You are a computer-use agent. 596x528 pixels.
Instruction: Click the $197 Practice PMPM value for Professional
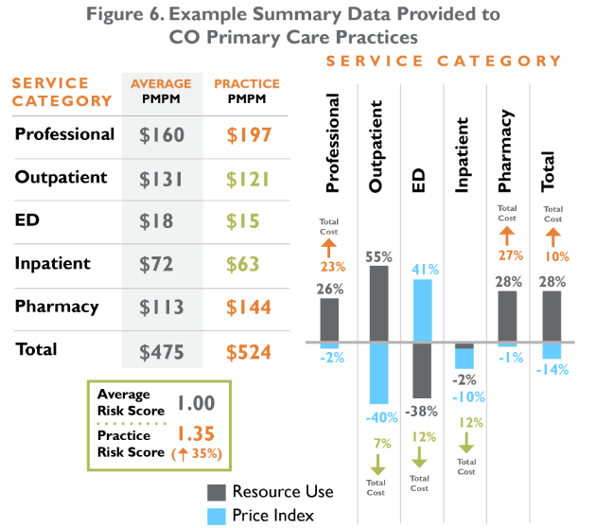[x=241, y=135]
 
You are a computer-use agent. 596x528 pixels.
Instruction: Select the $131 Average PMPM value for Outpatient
[x=162, y=179]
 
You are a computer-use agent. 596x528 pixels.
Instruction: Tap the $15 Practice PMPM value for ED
[x=241, y=221]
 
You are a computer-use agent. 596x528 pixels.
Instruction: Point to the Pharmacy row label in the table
[x=57, y=307]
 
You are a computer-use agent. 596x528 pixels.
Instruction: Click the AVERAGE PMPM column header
[x=162, y=91]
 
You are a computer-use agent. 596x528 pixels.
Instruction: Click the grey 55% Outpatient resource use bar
[x=378, y=303]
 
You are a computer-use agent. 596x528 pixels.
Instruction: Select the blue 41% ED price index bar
[x=421, y=309]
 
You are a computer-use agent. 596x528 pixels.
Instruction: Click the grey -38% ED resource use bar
[x=421, y=372]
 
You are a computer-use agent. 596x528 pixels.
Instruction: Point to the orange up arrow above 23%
[x=329, y=248]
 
